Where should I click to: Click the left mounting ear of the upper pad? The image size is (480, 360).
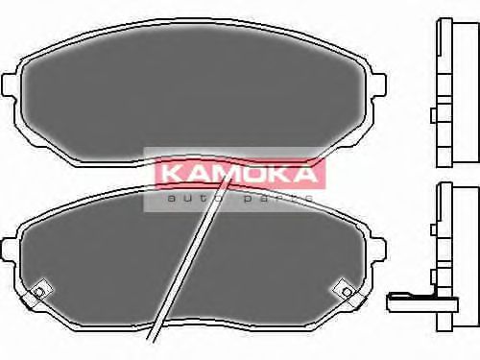12,86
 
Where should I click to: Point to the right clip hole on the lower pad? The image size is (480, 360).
344,288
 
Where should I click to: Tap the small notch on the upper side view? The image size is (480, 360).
435,116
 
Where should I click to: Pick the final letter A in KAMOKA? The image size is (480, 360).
302,175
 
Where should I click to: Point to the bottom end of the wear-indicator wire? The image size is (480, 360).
149,339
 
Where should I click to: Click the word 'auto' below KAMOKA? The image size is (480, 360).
188,197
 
